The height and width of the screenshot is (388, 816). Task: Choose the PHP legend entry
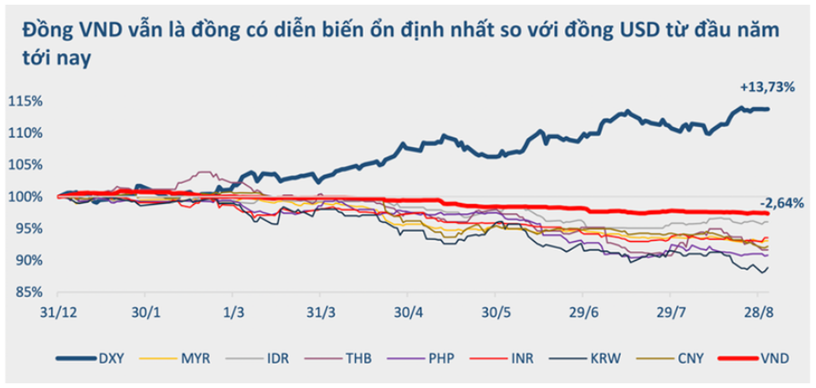pos(439,359)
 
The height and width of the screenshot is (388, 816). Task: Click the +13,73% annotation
pos(765,87)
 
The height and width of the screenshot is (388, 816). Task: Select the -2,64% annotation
pos(783,203)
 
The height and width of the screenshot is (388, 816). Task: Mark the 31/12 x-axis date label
pos(56,312)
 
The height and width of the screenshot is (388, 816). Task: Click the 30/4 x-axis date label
pos(405,312)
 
